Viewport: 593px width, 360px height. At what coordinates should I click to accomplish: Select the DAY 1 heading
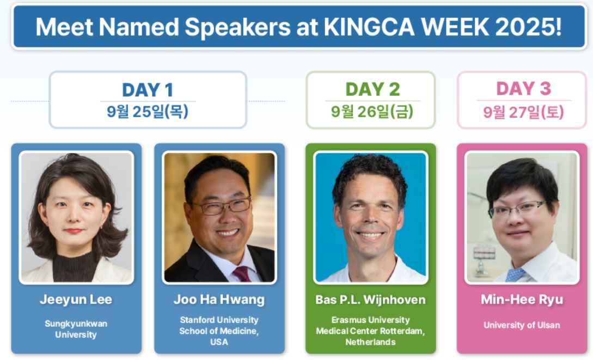click(148, 90)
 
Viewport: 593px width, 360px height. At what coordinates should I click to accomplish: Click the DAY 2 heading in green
click(372, 89)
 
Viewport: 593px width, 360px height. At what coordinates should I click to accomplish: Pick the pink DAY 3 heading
click(523, 88)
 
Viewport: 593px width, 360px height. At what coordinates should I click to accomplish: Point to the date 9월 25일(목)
click(148, 112)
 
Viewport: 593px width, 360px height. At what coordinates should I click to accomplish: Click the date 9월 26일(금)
click(372, 112)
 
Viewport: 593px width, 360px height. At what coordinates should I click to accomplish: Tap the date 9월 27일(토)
click(523, 112)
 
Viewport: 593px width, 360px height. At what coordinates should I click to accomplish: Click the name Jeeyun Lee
click(76, 300)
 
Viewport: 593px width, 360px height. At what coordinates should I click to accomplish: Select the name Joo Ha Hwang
click(219, 300)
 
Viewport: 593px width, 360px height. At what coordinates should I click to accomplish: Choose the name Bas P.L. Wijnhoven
click(371, 300)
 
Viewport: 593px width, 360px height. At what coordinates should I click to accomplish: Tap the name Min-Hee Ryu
click(522, 300)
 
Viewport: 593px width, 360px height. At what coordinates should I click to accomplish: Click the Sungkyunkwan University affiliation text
click(76, 329)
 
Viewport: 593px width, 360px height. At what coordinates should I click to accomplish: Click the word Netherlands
click(371, 342)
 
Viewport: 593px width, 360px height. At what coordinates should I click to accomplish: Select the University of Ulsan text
click(522, 325)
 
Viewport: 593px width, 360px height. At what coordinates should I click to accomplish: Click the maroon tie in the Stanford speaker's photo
click(242, 274)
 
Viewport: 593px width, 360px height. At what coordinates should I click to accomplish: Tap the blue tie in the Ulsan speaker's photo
click(515, 275)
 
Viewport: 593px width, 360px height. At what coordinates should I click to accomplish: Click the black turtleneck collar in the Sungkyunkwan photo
click(75, 267)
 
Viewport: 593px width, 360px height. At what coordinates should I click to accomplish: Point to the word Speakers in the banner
click(237, 27)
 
